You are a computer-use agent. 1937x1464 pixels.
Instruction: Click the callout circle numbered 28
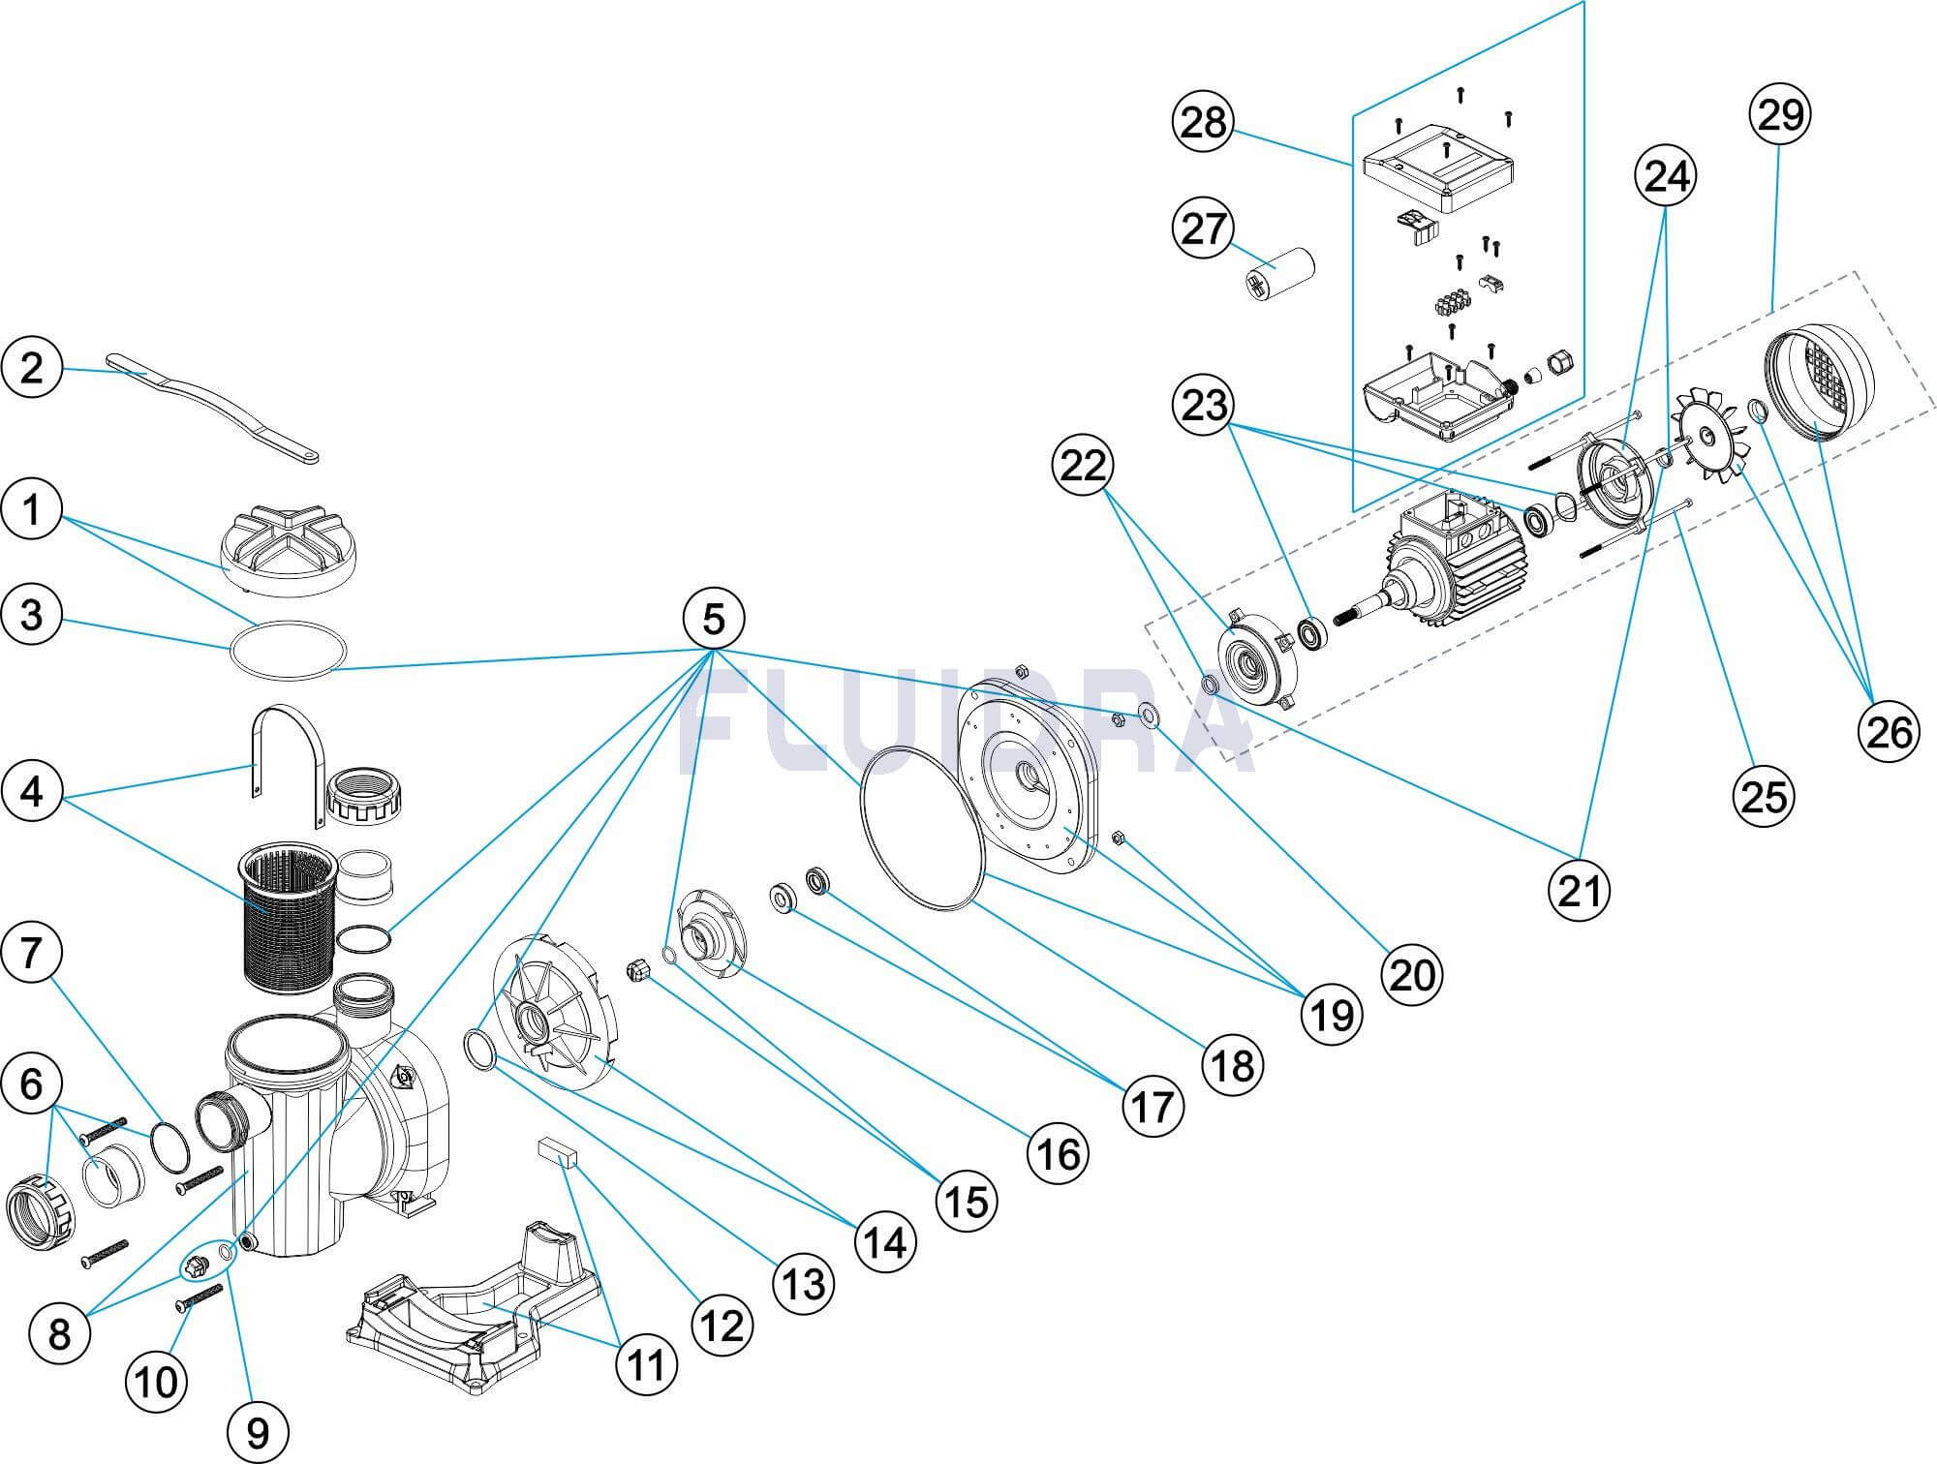[1203, 123]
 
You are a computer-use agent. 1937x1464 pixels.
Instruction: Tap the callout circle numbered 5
[714, 619]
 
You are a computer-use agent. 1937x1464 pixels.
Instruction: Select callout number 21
[1580, 889]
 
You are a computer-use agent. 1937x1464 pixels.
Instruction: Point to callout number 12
[722, 1326]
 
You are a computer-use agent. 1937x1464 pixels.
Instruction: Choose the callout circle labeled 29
[1781, 115]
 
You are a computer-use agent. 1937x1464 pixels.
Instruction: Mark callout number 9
[258, 1432]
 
